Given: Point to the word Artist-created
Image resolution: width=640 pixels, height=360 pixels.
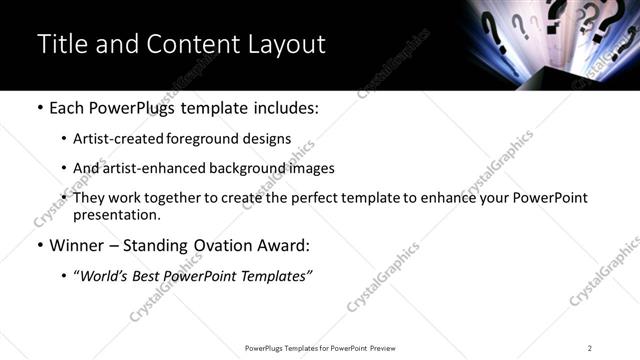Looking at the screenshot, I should pos(115,139).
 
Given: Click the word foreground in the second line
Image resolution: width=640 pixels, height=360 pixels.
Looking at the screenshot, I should pos(199,139).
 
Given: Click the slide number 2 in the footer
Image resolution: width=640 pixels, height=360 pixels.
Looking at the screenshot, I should pos(590,348).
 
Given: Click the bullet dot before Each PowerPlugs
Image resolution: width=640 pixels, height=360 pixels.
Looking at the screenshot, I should pos(39,108).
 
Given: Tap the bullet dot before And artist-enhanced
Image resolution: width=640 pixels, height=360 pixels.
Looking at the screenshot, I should pos(64,169).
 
